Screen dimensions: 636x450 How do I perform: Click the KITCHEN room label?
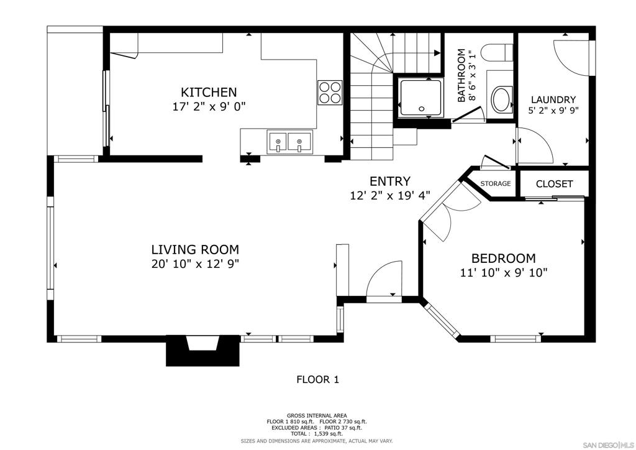pos(209,92)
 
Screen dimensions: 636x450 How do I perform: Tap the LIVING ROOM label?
pos(195,249)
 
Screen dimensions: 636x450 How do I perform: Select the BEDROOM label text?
pos(503,258)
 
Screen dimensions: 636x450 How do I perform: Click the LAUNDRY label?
pos(553,99)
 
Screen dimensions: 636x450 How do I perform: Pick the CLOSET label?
pos(554,184)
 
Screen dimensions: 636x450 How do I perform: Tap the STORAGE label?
pos(495,183)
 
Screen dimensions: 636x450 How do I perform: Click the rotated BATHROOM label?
pos(461,75)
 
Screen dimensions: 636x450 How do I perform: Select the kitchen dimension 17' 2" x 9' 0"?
pos(209,107)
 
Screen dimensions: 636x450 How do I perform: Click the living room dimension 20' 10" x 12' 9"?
pos(195,264)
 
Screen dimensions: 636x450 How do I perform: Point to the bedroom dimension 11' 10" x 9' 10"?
pos(504,273)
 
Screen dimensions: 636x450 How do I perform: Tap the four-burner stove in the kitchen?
pos(330,93)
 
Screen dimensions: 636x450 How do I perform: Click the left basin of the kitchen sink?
pos(277,143)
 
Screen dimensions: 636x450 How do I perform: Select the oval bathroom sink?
pos(501,99)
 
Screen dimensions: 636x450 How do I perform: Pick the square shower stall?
pos(420,98)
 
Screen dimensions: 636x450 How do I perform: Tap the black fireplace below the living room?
pos(203,350)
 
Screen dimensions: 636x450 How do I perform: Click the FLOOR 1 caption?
pos(317,380)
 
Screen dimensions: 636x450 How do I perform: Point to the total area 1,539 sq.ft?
pos(317,433)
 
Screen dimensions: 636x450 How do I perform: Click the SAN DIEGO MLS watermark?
pos(607,444)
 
